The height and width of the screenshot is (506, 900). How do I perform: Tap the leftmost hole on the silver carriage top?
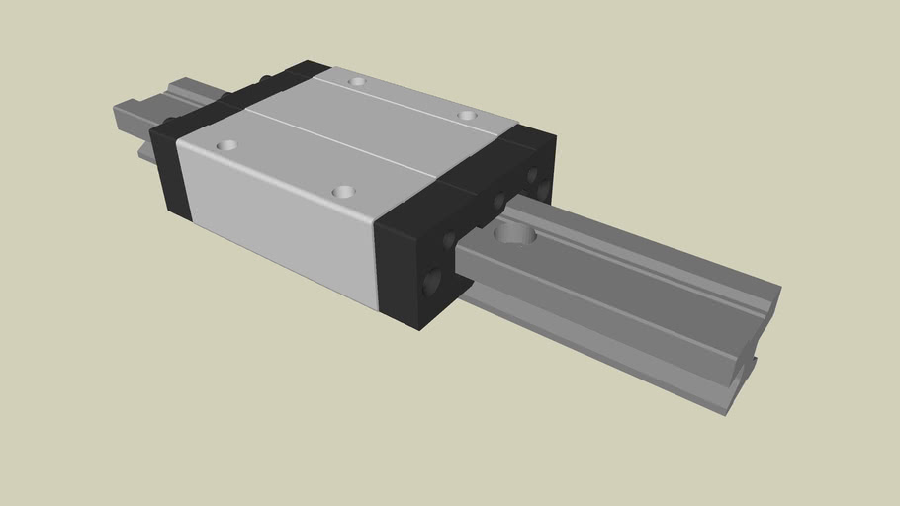coord(226,145)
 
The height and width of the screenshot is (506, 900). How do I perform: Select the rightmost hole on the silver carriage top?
coord(467,116)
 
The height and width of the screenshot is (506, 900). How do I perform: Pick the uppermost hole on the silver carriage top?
coord(357,81)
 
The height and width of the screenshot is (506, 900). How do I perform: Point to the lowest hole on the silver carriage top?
coord(343,191)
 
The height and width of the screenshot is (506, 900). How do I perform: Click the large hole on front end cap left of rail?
coord(432,284)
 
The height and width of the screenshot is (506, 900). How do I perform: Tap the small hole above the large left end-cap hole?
coord(449,240)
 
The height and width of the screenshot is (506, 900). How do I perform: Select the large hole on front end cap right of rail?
coord(543,185)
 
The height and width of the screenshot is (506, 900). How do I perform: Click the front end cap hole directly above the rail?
coord(498,202)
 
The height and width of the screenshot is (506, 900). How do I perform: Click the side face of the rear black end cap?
coord(163,173)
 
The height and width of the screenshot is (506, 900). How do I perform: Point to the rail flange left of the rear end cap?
coord(143,150)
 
